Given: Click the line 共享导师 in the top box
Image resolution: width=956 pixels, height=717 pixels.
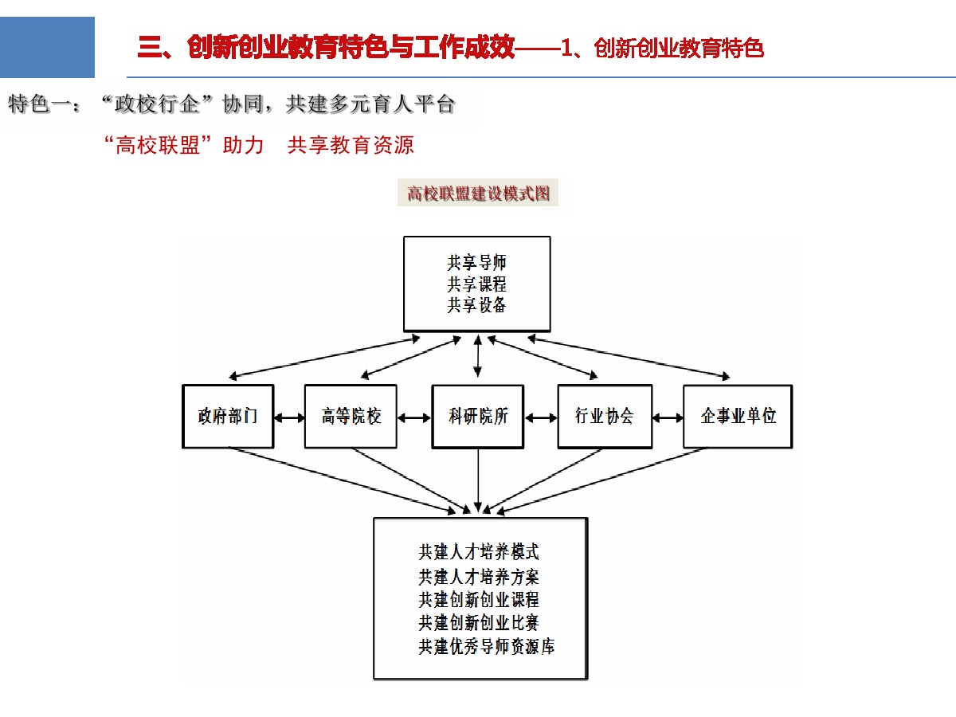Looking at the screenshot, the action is click(477, 263).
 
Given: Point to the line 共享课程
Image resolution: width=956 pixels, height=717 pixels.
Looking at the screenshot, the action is click(477, 284).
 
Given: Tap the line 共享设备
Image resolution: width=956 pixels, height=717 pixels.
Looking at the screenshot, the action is click(477, 305).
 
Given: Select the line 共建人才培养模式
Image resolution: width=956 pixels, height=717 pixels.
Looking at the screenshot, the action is click(479, 552).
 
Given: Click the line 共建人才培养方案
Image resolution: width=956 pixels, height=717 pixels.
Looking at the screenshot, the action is click(479, 577).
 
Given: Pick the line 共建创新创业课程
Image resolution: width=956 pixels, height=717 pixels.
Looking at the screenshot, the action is click(479, 600).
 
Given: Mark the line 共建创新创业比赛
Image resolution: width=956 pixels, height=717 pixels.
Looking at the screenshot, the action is click(479, 623).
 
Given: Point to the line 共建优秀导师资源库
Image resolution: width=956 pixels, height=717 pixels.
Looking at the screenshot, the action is click(487, 646).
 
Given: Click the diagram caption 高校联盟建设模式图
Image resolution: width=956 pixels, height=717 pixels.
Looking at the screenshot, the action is click(478, 194).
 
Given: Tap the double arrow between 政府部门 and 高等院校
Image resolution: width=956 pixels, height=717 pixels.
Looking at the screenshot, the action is click(290, 418).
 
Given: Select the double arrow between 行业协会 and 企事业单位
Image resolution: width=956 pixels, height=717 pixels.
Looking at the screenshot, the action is click(668, 418).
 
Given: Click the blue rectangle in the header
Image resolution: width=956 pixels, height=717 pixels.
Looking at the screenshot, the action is click(47, 47).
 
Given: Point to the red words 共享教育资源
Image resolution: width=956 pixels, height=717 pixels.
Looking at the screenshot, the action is click(351, 145).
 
